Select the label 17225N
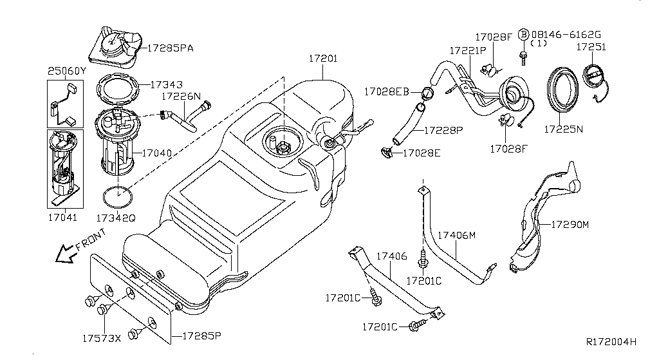(x=563, y=129)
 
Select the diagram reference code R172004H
(x=611, y=341)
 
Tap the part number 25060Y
(x=66, y=71)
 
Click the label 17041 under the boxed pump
(x=62, y=218)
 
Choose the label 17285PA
(x=171, y=47)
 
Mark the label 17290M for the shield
(x=570, y=225)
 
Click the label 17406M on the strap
(x=457, y=235)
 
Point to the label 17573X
(x=101, y=337)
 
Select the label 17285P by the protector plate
(x=201, y=336)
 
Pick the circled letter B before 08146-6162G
(x=524, y=34)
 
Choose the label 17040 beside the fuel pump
(x=157, y=153)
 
